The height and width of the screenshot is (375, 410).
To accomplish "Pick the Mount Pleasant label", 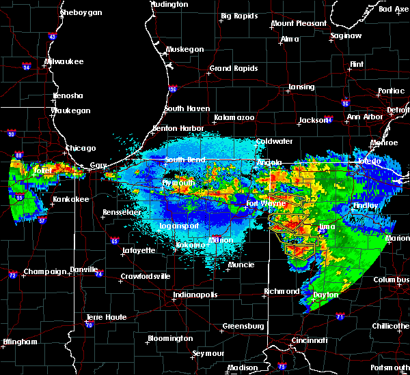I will [299, 23].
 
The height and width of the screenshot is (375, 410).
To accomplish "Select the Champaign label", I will [46, 271].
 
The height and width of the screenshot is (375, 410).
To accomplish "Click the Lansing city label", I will [301, 87].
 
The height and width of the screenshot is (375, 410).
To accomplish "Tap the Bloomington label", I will [169, 338].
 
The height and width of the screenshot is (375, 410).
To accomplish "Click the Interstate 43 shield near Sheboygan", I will [53, 36].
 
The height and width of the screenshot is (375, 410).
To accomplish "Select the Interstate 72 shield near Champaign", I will [13, 275].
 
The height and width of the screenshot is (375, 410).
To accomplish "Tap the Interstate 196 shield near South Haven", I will [173, 88].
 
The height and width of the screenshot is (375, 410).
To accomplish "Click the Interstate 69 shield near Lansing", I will [346, 103].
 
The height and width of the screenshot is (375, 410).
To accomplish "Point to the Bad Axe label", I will [393, 9].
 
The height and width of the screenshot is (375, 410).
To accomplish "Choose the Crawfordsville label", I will [144, 276].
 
